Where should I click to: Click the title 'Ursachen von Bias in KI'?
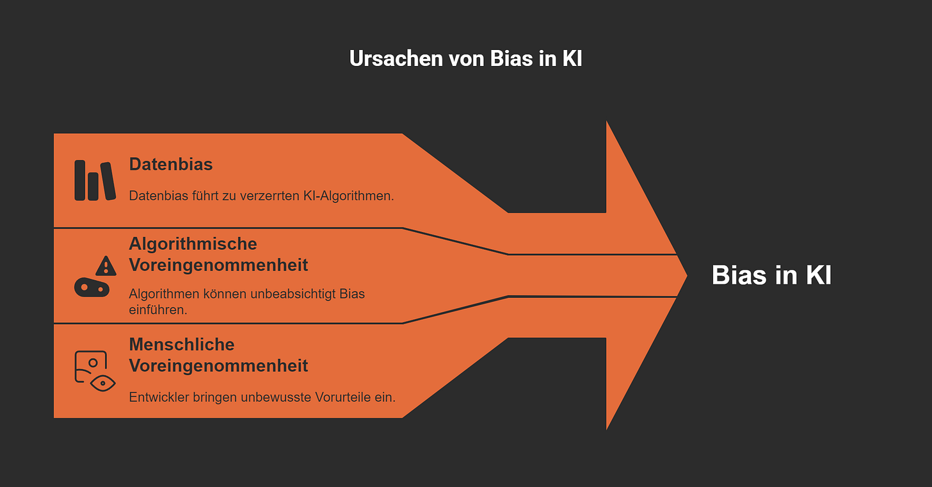465,59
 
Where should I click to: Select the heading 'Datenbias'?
171,164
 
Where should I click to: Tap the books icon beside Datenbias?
95,180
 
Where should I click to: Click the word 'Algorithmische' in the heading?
193,244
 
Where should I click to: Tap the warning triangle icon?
106,265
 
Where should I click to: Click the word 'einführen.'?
158,310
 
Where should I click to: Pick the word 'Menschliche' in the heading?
182,345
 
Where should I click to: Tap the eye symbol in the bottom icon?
102,383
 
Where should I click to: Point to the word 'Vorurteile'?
343,397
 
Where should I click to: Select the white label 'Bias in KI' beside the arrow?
771,276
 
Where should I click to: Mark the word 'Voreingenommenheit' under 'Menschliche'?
218,366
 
